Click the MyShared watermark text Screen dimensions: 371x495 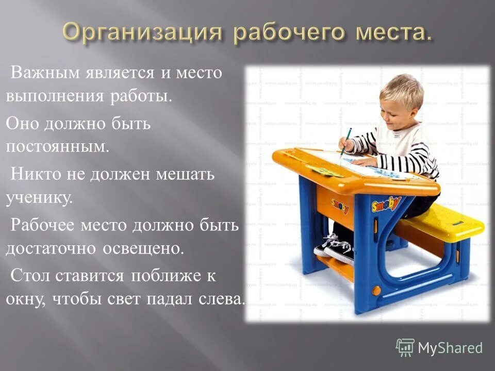point(450,348)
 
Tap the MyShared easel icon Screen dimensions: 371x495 point(405,347)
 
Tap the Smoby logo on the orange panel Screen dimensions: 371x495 point(339,205)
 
